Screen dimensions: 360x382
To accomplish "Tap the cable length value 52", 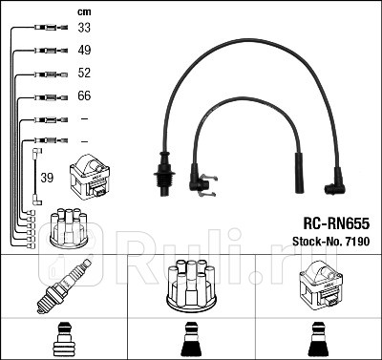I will click(x=84, y=74).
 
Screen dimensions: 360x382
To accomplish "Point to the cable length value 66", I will click(x=84, y=96).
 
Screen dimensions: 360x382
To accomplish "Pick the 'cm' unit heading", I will click(x=83, y=11).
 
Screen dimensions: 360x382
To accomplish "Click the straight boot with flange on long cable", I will click(x=163, y=174).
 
